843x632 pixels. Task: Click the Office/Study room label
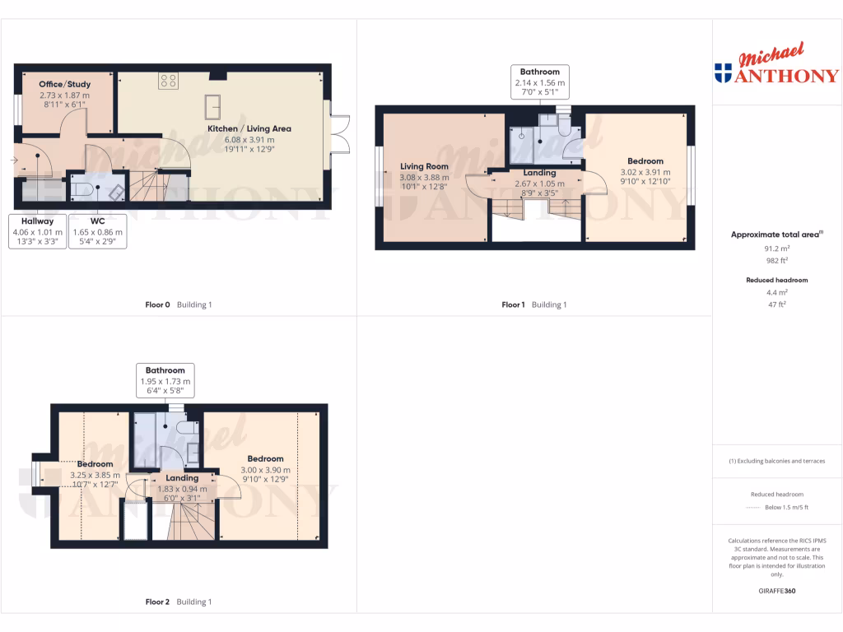65,84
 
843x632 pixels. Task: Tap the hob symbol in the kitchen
169,81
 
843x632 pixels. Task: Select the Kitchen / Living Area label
249,128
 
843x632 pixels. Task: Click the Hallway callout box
37,231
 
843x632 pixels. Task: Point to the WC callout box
98,231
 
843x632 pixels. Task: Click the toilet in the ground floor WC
82,189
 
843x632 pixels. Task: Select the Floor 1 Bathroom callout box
539,82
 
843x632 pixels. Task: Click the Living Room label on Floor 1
425,166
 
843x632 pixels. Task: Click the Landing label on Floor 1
539,173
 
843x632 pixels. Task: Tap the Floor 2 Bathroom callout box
165,381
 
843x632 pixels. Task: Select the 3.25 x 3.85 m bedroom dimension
95,475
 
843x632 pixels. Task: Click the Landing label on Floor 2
182,478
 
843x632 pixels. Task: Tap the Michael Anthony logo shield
723,73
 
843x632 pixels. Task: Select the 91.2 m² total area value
777,247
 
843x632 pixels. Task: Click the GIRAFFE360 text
777,591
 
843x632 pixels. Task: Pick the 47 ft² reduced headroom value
777,304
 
